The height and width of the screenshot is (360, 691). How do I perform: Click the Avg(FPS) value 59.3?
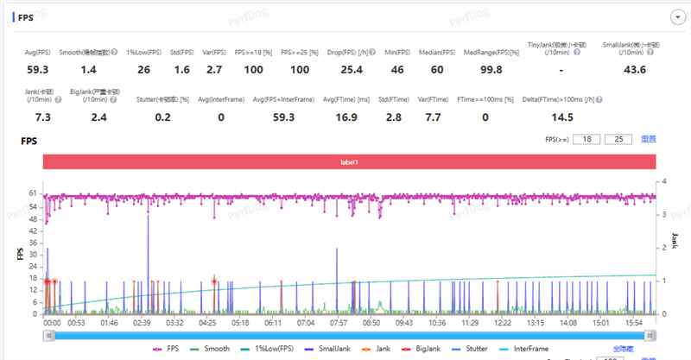(x=37, y=69)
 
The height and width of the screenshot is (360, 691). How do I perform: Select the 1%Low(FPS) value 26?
(x=143, y=69)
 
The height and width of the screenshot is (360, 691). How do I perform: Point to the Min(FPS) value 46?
(x=397, y=69)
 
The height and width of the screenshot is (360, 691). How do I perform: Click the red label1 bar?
(x=349, y=161)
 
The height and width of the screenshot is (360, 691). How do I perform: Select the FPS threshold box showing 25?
(x=618, y=139)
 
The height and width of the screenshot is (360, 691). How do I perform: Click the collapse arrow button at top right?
(x=678, y=16)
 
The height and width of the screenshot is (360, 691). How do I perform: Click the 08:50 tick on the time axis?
(x=371, y=322)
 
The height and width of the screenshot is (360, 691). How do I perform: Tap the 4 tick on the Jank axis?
(x=661, y=182)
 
